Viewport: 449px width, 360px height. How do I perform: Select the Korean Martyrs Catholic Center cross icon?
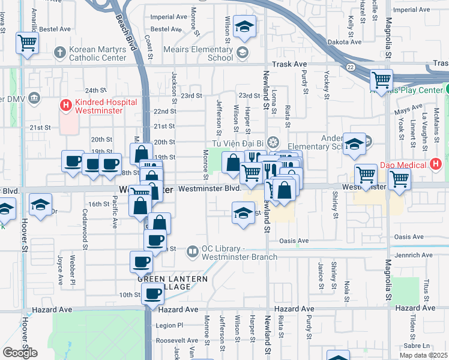click(59, 53)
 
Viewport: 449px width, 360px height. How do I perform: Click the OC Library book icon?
click(192, 251)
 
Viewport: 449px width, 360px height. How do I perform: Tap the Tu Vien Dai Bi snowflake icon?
click(273, 143)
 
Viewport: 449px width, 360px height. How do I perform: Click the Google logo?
click(20, 353)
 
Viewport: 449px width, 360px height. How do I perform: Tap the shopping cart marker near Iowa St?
click(27, 43)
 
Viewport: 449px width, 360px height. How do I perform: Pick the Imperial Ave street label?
click(169, 17)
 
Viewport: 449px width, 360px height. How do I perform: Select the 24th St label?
click(95, 90)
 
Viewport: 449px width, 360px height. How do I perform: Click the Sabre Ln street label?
click(418, 346)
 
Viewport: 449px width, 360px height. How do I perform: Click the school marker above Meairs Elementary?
click(244, 26)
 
